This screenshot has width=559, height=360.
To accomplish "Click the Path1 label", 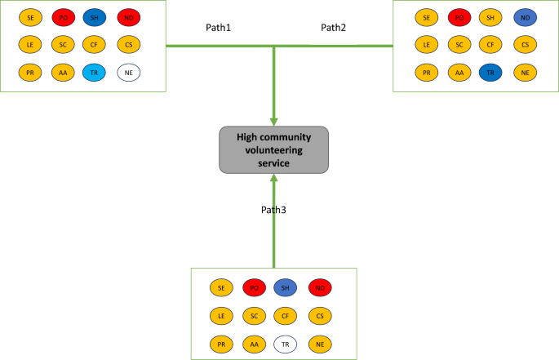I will pyautogui.click(x=218, y=28).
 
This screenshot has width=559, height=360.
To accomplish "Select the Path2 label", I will pyautogui.click(x=333, y=28).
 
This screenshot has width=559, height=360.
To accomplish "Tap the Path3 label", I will pyautogui.click(x=273, y=210).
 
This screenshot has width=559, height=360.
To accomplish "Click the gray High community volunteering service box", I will pyautogui.click(x=273, y=149).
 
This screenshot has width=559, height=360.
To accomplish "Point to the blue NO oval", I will pyautogui.click(x=525, y=16).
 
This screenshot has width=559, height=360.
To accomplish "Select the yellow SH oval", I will pyautogui.click(x=490, y=16).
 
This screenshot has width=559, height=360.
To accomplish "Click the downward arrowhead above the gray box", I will pyautogui.click(x=273, y=120).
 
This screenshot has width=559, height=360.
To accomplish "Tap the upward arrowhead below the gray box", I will pyautogui.click(x=273, y=179).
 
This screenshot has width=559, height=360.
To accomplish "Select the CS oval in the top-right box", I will pyautogui.click(x=525, y=45).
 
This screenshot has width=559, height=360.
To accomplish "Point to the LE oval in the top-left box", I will pyautogui.click(x=30, y=45).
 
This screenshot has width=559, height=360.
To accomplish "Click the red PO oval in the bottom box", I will pyautogui.click(x=255, y=287).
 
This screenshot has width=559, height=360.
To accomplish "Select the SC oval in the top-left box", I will pyautogui.click(x=63, y=45).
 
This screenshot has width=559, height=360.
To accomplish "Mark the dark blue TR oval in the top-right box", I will pyautogui.click(x=490, y=73).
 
